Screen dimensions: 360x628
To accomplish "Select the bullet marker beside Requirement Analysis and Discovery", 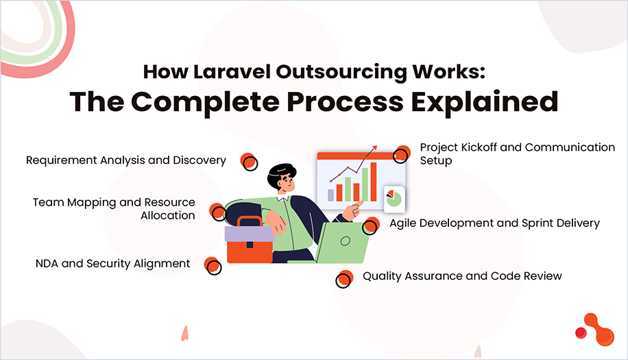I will (x=248, y=162).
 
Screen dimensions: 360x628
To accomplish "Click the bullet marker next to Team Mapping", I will (x=217, y=211).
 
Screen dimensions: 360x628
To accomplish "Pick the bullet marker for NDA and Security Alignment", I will (x=213, y=265).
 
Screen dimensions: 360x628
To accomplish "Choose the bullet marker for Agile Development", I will (x=371, y=225).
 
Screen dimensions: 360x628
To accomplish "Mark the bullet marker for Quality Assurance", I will (x=343, y=278).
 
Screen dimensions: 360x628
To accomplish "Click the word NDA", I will (x=47, y=263).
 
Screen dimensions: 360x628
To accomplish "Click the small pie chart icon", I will (x=394, y=198).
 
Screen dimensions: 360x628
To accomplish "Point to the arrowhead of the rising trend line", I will (x=375, y=147).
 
